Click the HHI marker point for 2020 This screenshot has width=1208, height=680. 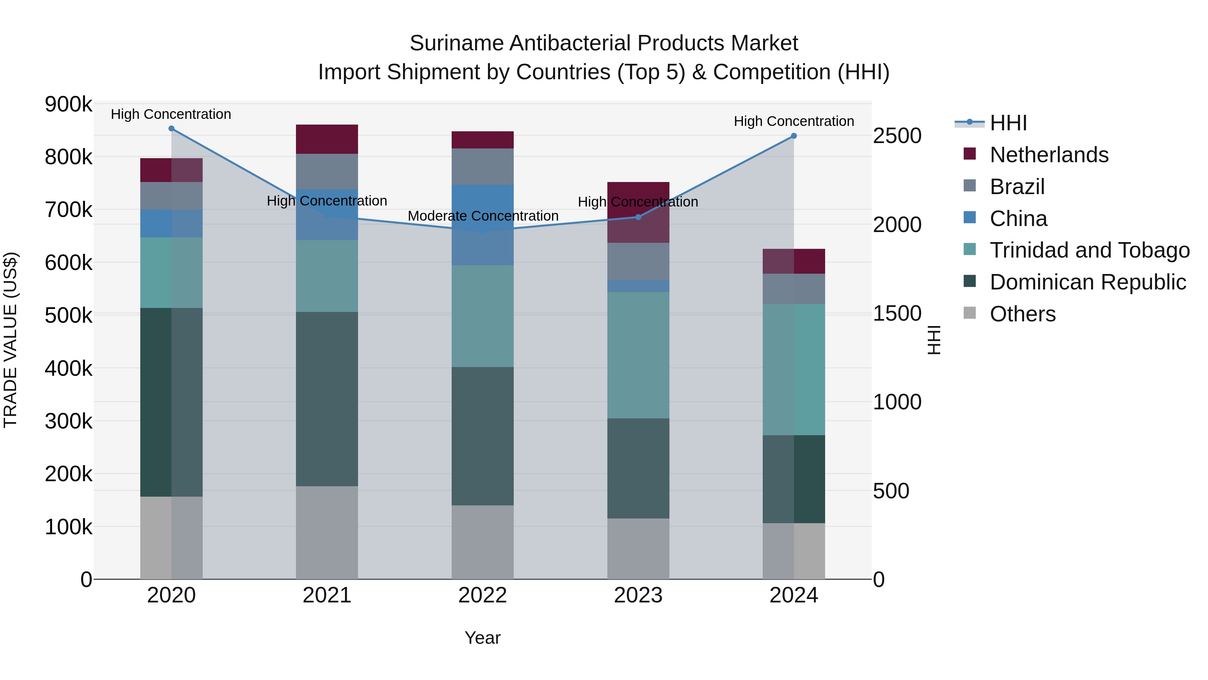[x=171, y=129]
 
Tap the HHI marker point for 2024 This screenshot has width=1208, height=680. [x=794, y=136]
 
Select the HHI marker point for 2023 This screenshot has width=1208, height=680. [x=638, y=217]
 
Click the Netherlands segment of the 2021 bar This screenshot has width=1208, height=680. [x=327, y=139]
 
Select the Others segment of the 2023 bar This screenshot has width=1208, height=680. [x=638, y=549]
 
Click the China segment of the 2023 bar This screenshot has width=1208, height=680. [x=638, y=286]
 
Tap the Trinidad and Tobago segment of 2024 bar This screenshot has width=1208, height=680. [x=794, y=369]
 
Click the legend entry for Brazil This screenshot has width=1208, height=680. [x=1017, y=187]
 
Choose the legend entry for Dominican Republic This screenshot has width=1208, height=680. [x=1088, y=282]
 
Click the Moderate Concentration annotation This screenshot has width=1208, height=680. [x=483, y=216]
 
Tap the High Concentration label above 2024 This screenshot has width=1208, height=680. [x=794, y=121]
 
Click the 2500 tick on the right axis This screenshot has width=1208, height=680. [x=897, y=136]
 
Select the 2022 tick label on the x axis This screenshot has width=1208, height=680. [x=483, y=595]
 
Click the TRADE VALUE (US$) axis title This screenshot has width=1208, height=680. [x=10, y=340]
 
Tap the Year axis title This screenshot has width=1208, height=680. [x=483, y=638]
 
